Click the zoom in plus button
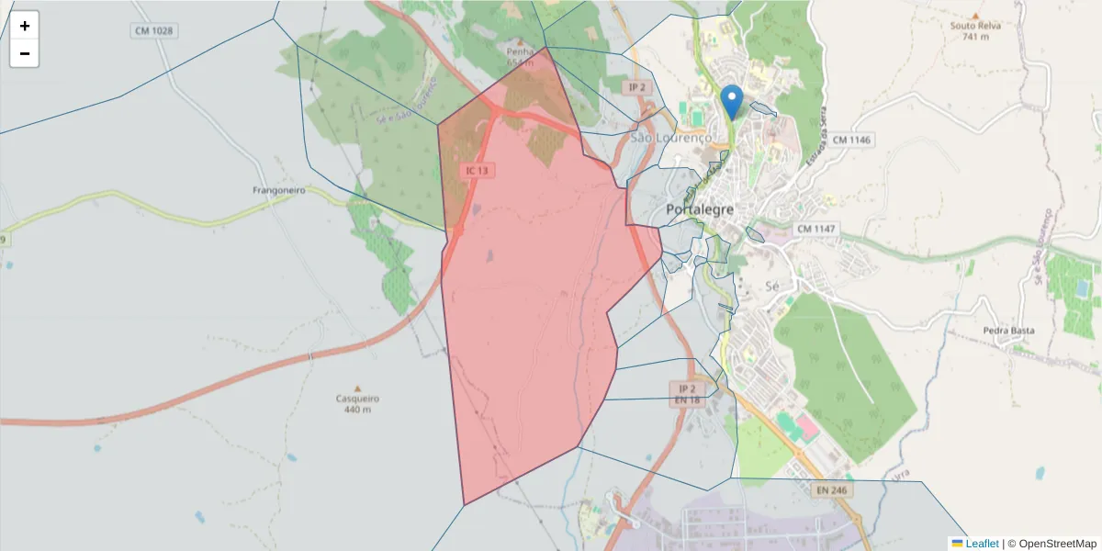[x=25, y=26]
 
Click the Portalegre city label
[x=700, y=209]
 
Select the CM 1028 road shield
[x=153, y=30]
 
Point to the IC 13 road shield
[x=478, y=170]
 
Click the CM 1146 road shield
[x=847, y=140]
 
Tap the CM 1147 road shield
[x=815, y=228]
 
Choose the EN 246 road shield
[x=833, y=490]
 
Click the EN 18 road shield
[x=687, y=400]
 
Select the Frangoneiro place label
[x=278, y=191]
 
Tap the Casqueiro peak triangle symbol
[x=358, y=388]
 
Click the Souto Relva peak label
[x=975, y=26]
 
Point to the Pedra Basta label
[x=1008, y=331]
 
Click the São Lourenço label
[x=671, y=138]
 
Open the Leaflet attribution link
[x=982, y=544]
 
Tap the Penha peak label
[x=519, y=52]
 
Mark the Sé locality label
[x=771, y=287]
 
